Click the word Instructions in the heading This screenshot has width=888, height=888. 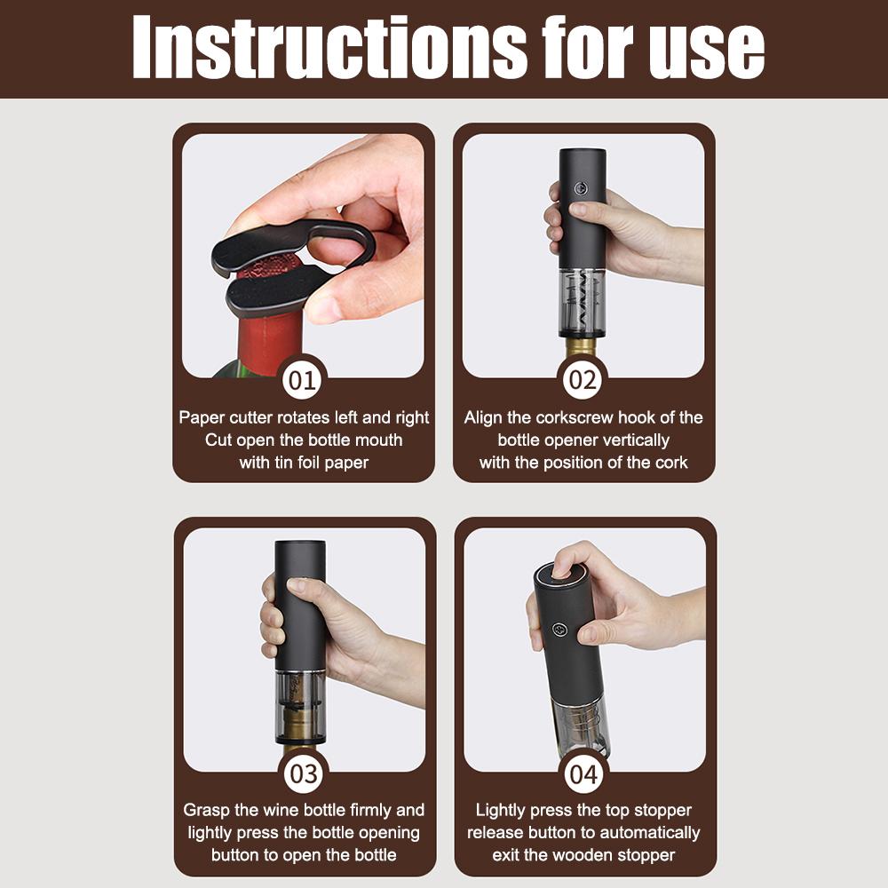[329, 48]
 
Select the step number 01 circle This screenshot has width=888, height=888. [302, 380]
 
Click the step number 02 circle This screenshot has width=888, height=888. [583, 380]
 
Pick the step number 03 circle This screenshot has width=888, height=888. [304, 773]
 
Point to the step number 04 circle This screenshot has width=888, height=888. [584, 773]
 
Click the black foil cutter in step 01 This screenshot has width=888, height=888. [283, 266]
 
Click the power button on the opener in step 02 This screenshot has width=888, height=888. [580, 188]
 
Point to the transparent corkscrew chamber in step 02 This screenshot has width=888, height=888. [582, 302]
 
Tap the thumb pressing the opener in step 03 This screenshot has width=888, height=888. [309, 589]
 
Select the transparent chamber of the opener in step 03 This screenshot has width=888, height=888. [300, 707]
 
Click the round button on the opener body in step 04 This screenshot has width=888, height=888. [559, 630]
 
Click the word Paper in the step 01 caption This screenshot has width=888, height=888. [202, 418]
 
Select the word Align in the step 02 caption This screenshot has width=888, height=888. [483, 418]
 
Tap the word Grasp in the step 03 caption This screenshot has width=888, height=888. [206, 811]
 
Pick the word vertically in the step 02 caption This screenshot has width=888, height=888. [632, 440]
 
